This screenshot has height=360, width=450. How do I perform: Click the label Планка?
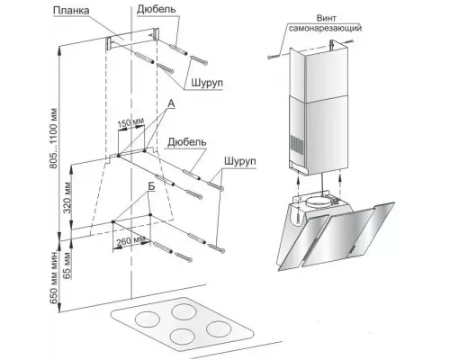pyautogui.click(x=71, y=11)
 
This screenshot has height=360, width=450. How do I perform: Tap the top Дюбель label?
pyautogui.click(x=156, y=9)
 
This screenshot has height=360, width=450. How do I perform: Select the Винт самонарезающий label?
pyautogui.click(x=325, y=23)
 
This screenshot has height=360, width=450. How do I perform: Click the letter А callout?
pyautogui.click(x=171, y=103)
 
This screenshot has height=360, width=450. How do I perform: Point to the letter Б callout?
pyautogui.click(x=151, y=186)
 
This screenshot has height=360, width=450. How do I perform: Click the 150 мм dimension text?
pyautogui.click(x=130, y=122)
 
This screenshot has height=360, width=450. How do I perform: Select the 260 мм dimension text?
pyautogui.click(x=130, y=240)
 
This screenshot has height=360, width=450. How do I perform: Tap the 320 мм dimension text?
pyautogui.click(x=67, y=197)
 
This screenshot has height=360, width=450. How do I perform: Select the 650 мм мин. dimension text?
pyautogui.click(x=54, y=276)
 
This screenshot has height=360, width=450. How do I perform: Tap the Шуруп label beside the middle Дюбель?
pyautogui.click(x=240, y=161)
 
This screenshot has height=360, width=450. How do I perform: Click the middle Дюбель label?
pyautogui.click(x=187, y=142)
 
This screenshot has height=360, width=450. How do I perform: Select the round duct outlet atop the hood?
pyautogui.click(x=316, y=201)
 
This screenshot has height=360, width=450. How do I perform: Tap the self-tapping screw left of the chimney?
pyautogui.click(x=273, y=56)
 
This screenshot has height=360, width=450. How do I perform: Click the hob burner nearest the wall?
pyautogui.click(x=184, y=311)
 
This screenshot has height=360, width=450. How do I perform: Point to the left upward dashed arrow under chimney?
pyautogui.click(x=298, y=185)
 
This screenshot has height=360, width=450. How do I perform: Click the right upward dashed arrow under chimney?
pyautogui.click(x=339, y=184)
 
